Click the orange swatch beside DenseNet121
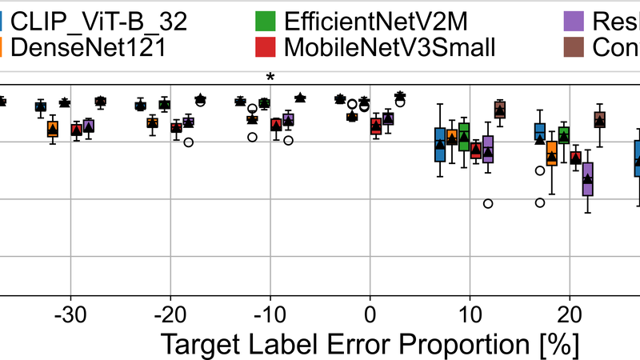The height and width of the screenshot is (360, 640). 3,48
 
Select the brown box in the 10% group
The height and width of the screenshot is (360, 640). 500,110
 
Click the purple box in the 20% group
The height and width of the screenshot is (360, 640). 588,179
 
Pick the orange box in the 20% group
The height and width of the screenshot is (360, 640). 551,153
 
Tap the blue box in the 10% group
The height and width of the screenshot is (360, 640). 440,144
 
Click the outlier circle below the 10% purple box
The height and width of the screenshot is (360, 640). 488,203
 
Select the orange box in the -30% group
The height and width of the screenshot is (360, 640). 53,129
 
